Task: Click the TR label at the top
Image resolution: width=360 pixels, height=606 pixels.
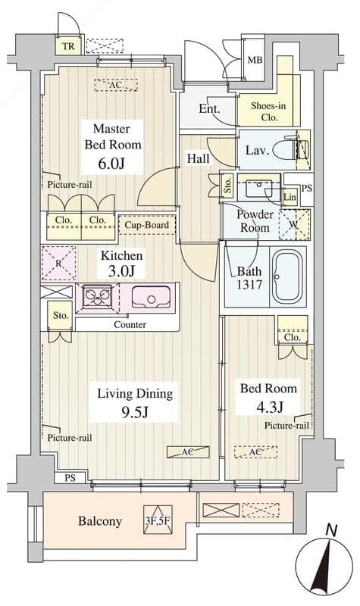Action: pyautogui.click(x=68, y=47)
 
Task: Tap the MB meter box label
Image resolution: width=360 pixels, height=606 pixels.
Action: pyautogui.click(x=255, y=60)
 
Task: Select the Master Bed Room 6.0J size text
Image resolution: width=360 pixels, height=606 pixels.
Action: pyautogui.click(x=111, y=164)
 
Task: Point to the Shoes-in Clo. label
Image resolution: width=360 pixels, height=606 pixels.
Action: pyautogui.click(x=268, y=111)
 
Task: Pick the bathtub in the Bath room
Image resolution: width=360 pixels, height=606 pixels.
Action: pyautogui.click(x=286, y=276)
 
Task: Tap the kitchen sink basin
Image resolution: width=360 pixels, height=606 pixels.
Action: pyautogui.click(x=151, y=297)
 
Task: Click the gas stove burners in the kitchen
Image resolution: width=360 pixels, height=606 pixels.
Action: pyautogui.click(x=97, y=296)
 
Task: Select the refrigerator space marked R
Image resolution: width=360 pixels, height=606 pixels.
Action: pyautogui.click(x=59, y=263)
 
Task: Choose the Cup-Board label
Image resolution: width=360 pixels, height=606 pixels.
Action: pyautogui.click(x=146, y=225)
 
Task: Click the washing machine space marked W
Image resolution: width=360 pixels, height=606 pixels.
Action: pyautogui.click(x=294, y=224)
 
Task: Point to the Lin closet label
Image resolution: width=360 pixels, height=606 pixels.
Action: pyautogui.click(x=290, y=197)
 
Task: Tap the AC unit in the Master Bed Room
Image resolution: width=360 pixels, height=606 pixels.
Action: pyautogui.click(x=116, y=85)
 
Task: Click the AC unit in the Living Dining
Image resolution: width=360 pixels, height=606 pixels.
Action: pyautogui.click(x=188, y=451)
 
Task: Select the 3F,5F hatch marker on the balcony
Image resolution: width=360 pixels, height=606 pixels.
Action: pyautogui.click(x=157, y=520)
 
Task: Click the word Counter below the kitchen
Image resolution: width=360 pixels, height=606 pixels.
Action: pyautogui.click(x=130, y=325)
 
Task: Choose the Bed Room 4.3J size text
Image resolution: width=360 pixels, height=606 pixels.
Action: pyautogui.click(x=269, y=407)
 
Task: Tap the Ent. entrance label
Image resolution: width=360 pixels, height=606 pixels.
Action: pyautogui.click(x=209, y=108)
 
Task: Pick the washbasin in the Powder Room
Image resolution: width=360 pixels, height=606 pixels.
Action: pyautogui.click(x=258, y=188)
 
